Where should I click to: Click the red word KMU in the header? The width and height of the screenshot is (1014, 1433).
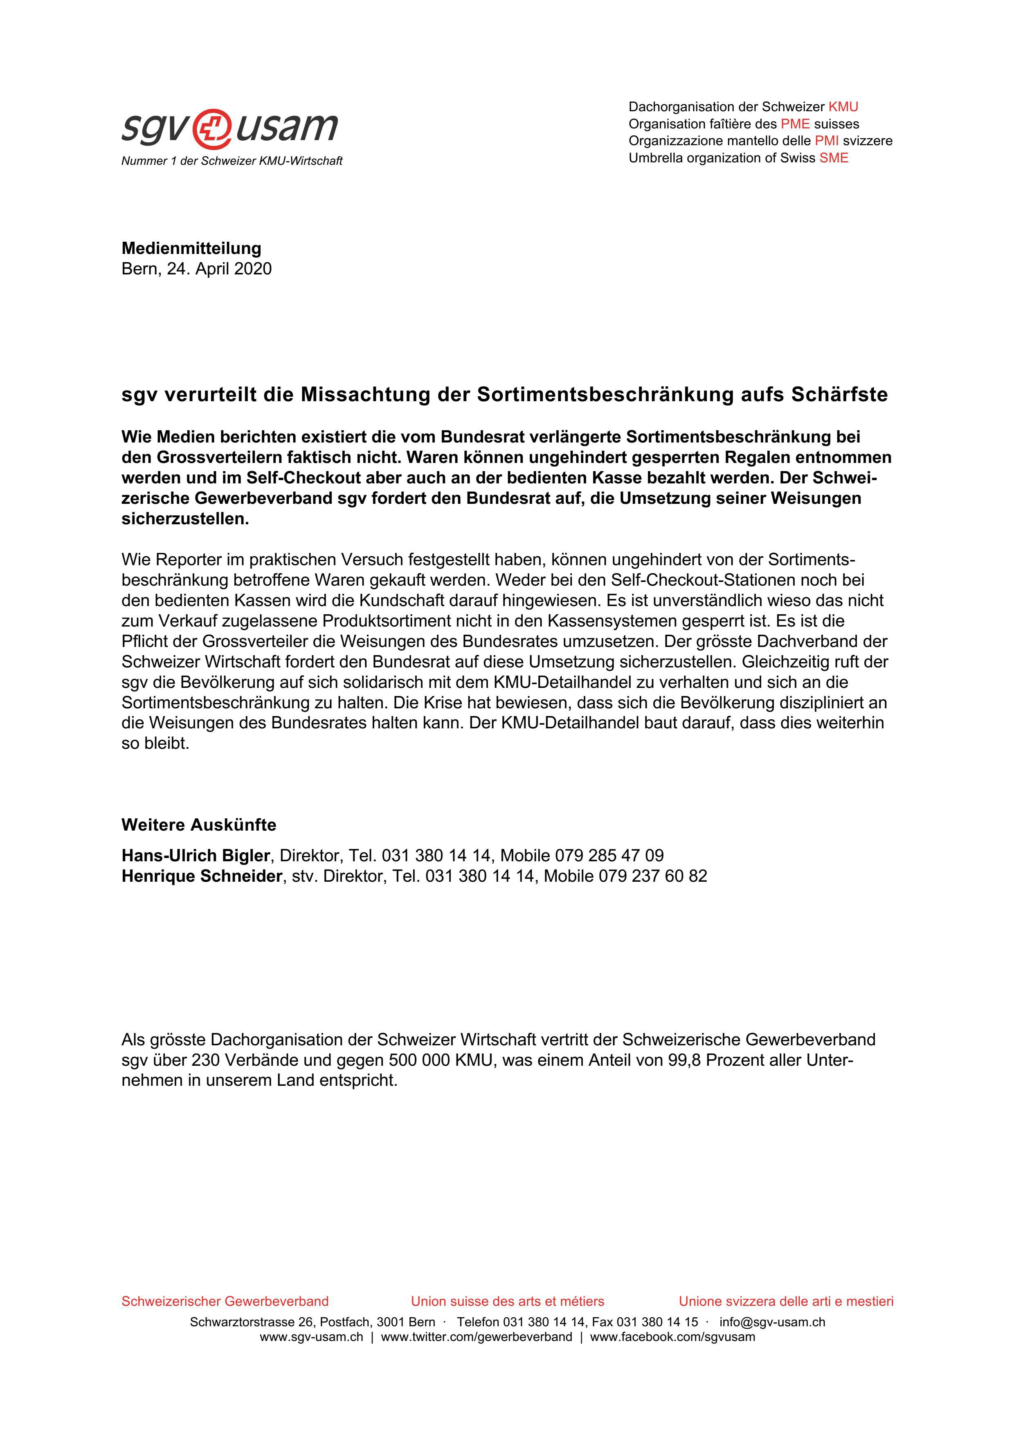pos(843,107)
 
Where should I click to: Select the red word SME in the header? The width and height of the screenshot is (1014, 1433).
pos(834,158)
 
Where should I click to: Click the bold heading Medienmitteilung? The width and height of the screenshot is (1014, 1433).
pos(191,248)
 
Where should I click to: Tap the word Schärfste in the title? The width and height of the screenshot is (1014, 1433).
pos(839,395)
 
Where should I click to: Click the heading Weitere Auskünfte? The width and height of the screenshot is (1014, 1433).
pos(198,825)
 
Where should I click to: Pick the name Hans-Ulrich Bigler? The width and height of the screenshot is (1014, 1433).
pos(196,856)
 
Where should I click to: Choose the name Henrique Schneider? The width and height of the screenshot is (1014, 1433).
pos(202,876)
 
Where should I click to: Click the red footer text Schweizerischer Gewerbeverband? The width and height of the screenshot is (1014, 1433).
pos(225,1301)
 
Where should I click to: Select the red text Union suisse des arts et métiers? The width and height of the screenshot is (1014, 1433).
pos(507,1301)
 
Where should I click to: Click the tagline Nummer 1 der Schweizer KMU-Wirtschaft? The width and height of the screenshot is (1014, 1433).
pos(232,161)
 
